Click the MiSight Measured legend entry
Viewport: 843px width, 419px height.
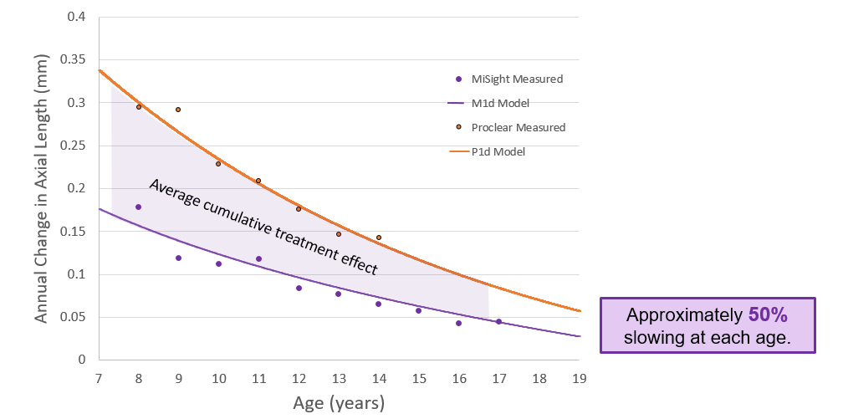click(516, 79)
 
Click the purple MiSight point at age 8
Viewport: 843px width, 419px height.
click(139, 207)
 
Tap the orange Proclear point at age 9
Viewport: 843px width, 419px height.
click(178, 110)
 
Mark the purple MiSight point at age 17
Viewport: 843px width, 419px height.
click(498, 321)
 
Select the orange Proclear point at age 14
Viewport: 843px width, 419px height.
click(378, 238)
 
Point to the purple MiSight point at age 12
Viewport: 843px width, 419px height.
click(299, 288)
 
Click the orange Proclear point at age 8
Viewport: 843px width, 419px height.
click(139, 107)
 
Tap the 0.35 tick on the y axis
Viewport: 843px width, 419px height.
click(74, 60)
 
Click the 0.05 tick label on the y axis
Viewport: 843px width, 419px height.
click(74, 317)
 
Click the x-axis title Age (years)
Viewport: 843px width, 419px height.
click(339, 403)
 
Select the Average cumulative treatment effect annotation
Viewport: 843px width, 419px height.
click(263, 227)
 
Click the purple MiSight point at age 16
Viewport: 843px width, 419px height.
click(458, 323)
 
